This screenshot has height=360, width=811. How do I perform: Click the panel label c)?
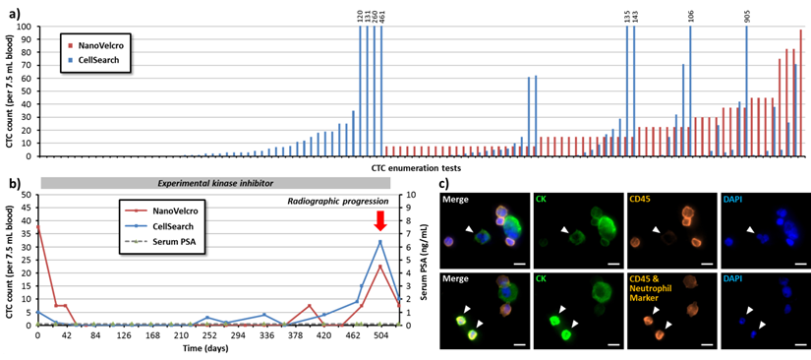pyautogui.click(x=445, y=184)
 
